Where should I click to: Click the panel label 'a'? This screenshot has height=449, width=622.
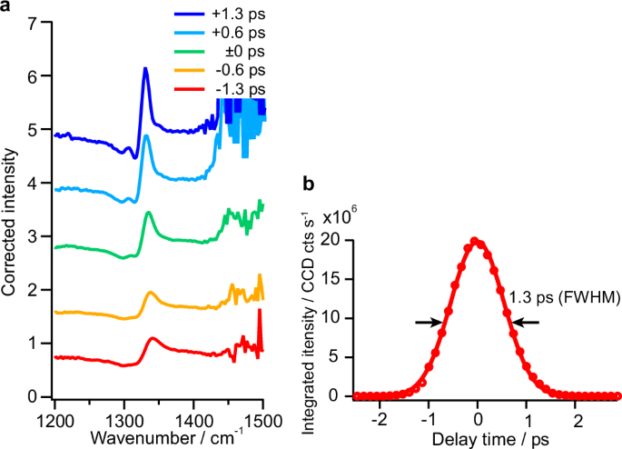[x=6, y=7]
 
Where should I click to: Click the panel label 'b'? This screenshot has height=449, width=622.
[x=309, y=184]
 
